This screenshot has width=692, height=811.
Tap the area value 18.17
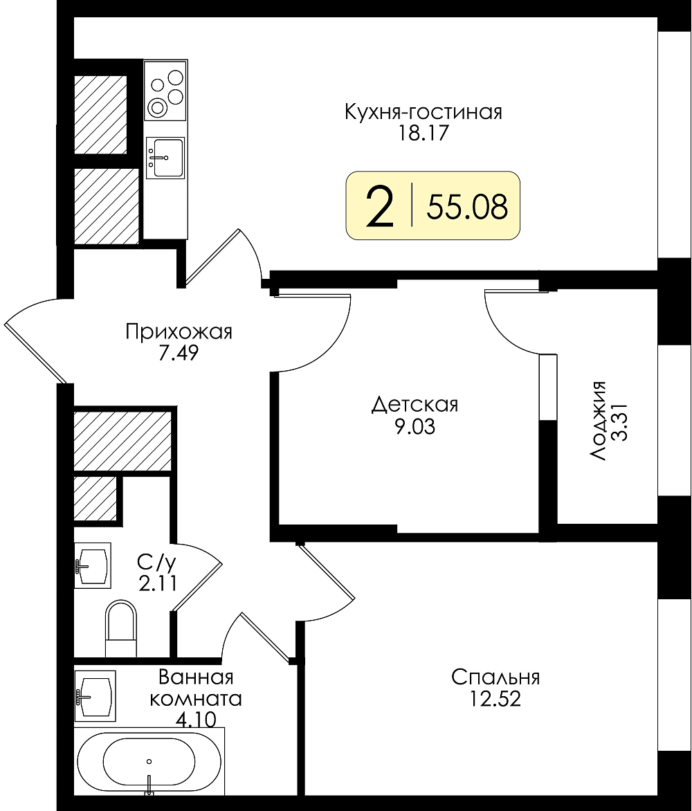click(422, 134)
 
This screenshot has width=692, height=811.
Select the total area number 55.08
click(467, 207)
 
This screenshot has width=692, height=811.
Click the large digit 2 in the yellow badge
click(380, 206)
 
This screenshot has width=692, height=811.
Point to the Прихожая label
click(179, 331)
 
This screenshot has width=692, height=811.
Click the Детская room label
click(415, 405)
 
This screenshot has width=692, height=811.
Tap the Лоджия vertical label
click(599, 421)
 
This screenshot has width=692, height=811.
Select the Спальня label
click(495, 677)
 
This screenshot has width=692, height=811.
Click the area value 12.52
click(495, 700)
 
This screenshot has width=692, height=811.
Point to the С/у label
click(157, 562)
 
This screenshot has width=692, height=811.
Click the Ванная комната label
click(196, 689)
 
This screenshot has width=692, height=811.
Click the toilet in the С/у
click(121, 628)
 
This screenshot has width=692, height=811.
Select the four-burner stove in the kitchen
click(165, 91)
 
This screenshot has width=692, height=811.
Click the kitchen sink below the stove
click(165, 158)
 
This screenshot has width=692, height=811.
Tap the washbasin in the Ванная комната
click(95, 696)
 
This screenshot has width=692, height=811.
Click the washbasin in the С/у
click(93, 565)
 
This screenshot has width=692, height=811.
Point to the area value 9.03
click(415, 427)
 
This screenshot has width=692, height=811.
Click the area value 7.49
click(179, 354)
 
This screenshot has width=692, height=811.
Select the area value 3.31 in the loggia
click(619, 421)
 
